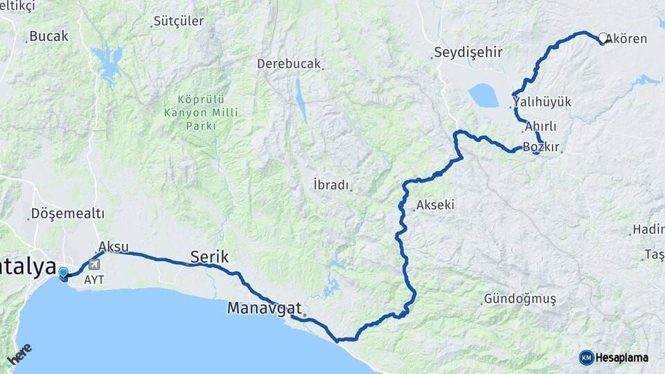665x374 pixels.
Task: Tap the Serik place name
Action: (x=209, y=257)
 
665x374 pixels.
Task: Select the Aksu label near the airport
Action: (x=114, y=247)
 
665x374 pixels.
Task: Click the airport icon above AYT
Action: (x=94, y=264)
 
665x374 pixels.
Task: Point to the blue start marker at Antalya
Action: (x=64, y=274)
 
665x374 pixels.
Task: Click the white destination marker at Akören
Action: (x=603, y=38)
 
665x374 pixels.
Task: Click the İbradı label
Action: (x=330, y=185)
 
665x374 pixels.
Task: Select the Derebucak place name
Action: (x=289, y=64)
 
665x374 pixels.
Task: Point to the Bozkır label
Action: (x=540, y=148)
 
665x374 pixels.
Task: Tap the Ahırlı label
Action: (x=540, y=127)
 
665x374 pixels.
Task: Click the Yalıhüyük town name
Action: (x=542, y=103)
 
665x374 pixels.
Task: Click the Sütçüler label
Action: (x=179, y=21)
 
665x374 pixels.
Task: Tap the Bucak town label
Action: (x=49, y=36)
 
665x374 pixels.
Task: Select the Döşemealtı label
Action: (x=68, y=213)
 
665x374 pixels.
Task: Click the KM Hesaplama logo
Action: (x=614, y=357)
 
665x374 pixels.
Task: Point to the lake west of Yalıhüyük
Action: (x=483, y=96)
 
